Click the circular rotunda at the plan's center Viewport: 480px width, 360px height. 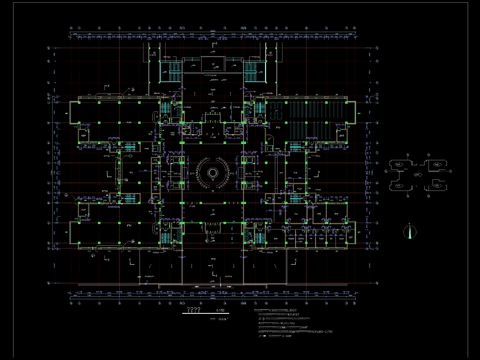[x=213, y=171]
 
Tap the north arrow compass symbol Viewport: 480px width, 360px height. [x=408, y=230]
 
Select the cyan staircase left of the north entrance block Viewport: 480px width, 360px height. [x=170, y=72]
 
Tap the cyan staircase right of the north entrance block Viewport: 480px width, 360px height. [x=256, y=72]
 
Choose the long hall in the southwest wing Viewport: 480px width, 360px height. [x=110, y=232]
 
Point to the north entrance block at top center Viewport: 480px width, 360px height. [x=213, y=65]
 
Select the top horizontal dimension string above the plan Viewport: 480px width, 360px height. [x=213, y=37]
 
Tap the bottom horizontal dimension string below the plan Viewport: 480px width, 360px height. [x=213, y=296]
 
